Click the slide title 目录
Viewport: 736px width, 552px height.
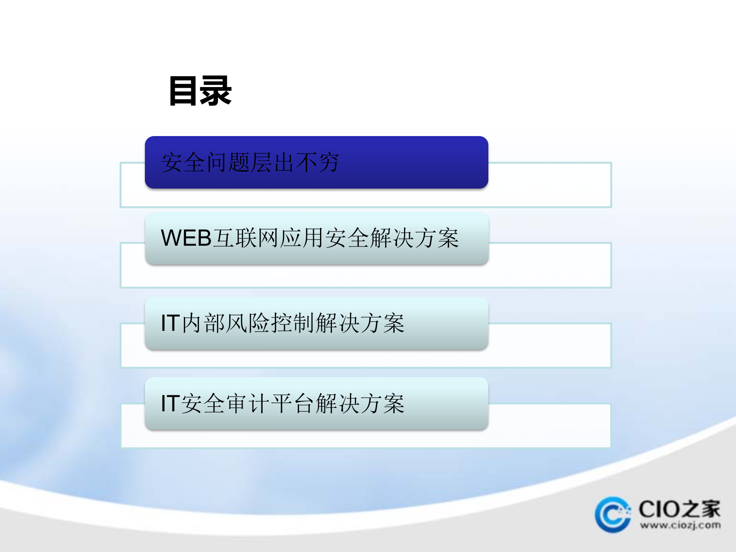tap(200, 91)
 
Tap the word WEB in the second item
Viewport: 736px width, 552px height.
tap(186, 238)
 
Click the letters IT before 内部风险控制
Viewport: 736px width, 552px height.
tap(170, 323)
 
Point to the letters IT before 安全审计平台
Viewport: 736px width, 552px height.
tap(170, 404)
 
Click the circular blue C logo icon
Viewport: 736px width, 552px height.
tap(613, 515)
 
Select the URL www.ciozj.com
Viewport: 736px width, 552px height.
tap(680, 525)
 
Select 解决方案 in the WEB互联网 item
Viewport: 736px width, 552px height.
tap(415, 238)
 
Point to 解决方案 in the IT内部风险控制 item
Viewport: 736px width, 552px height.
tap(360, 323)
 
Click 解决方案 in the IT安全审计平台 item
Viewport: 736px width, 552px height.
tap(360, 404)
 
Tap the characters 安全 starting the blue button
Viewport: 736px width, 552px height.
tap(183, 163)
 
